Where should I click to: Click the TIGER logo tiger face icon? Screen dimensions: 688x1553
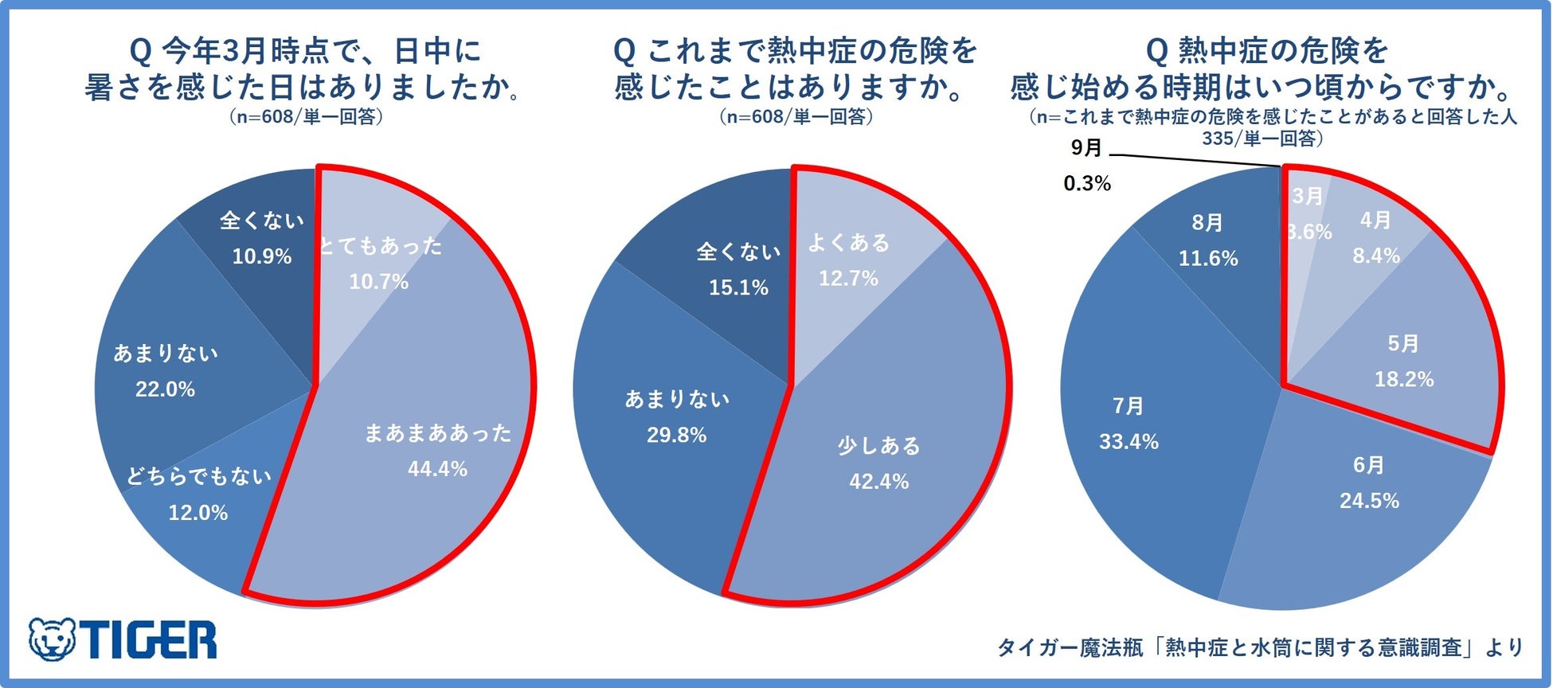pyautogui.click(x=52, y=639)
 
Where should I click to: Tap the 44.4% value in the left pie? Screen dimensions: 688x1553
pyautogui.click(x=437, y=469)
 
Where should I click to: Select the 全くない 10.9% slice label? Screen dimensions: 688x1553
pyautogui.click(x=262, y=221)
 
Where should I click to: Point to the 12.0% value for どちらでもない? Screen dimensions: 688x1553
pyautogui.click(x=198, y=513)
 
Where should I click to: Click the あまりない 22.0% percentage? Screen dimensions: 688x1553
pyautogui.click(x=165, y=389)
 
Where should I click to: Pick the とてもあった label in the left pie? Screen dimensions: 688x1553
pyautogui.click(x=380, y=246)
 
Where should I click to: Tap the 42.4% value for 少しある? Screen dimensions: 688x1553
pyautogui.click(x=878, y=482)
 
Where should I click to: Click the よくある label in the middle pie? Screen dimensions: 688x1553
pyautogui.click(x=848, y=243)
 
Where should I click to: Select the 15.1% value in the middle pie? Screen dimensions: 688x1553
pyautogui.click(x=738, y=287)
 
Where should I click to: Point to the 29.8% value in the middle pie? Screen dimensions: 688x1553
pyautogui.click(x=676, y=436)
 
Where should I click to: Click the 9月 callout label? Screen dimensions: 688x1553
pyautogui.click(x=1086, y=148)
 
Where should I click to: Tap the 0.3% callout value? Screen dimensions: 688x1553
pyautogui.click(x=1087, y=184)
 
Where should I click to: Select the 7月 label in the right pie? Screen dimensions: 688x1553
pyautogui.click(x=1128, y=407)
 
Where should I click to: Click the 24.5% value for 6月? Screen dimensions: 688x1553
pyautogui.click(x=1369, y=501)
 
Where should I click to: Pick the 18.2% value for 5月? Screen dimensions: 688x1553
pyautogui.click(x=1403, y=380)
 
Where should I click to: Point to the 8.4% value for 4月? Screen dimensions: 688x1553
pyautogui.click(x=1375, y=256)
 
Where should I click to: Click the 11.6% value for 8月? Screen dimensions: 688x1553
pyautogui.click(x=1208, y=259)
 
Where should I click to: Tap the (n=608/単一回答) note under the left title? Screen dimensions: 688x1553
pyautogui.click(x=306, y=117)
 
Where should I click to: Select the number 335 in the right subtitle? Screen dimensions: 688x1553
pyautogui.click(x=1219, y=139)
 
